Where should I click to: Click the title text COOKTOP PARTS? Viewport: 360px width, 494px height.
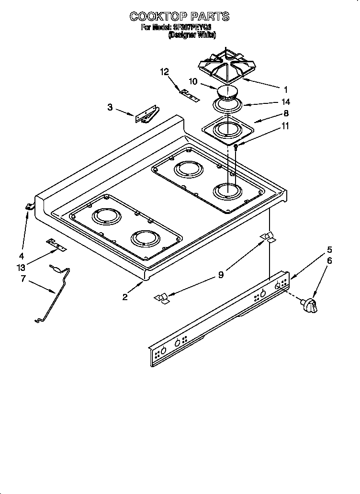pyautogui.click(x=180, y=17)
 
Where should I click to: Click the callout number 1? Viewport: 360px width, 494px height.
pyautogui.click(x=285, y=89)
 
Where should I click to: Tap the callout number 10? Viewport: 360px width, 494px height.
pyautogui.click(x=193, y=82)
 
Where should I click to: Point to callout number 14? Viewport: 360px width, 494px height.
pyautogui.click(x=286, y=102)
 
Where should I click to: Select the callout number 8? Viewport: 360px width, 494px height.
pyautogui.click(x=286, y=114)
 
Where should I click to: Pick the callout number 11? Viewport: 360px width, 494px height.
pyautogui.click(x=286, y=126)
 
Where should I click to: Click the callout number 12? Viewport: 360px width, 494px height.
pyautogui.click(x=164, y=72)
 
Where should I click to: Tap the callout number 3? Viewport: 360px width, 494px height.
pyautogui.click(x=110, y=107)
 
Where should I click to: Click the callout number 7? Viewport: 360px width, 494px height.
pyautogui.click(x=22, y=279)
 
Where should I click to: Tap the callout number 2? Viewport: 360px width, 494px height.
pyautogui.click(x=125, y=297)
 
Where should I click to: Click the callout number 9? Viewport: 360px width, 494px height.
pyautogui.click(x=221, y=275)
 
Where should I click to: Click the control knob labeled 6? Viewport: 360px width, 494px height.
pyautogui.click(x=310, y=304)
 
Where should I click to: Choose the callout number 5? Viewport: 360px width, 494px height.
pyautogui.click(x=329, y=249)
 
